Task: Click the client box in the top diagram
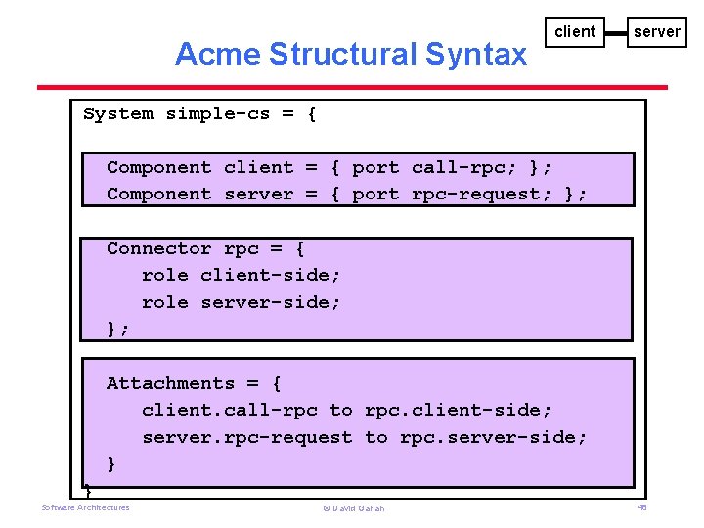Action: click(x=575, y=32)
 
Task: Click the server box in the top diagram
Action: click(x=656, y=32)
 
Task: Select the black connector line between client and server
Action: click(x=615, y=33)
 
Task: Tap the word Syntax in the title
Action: click(x=477, y=54)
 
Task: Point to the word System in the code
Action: click(x=118, y=113)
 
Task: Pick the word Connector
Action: click(x=158, y=248)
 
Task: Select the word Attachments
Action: click(x=170, y=383)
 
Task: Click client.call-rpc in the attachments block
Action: click(x=229, y=410)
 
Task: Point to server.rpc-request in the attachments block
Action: click(x=246, y=437)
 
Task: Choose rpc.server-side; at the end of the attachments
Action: click(x=493, y=437)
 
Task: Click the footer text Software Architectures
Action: click(x=85, y=507)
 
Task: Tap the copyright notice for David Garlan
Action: click(x=353, y=508)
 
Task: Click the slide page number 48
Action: click(x=642, y=507)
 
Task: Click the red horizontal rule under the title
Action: click(x=352, y=88)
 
